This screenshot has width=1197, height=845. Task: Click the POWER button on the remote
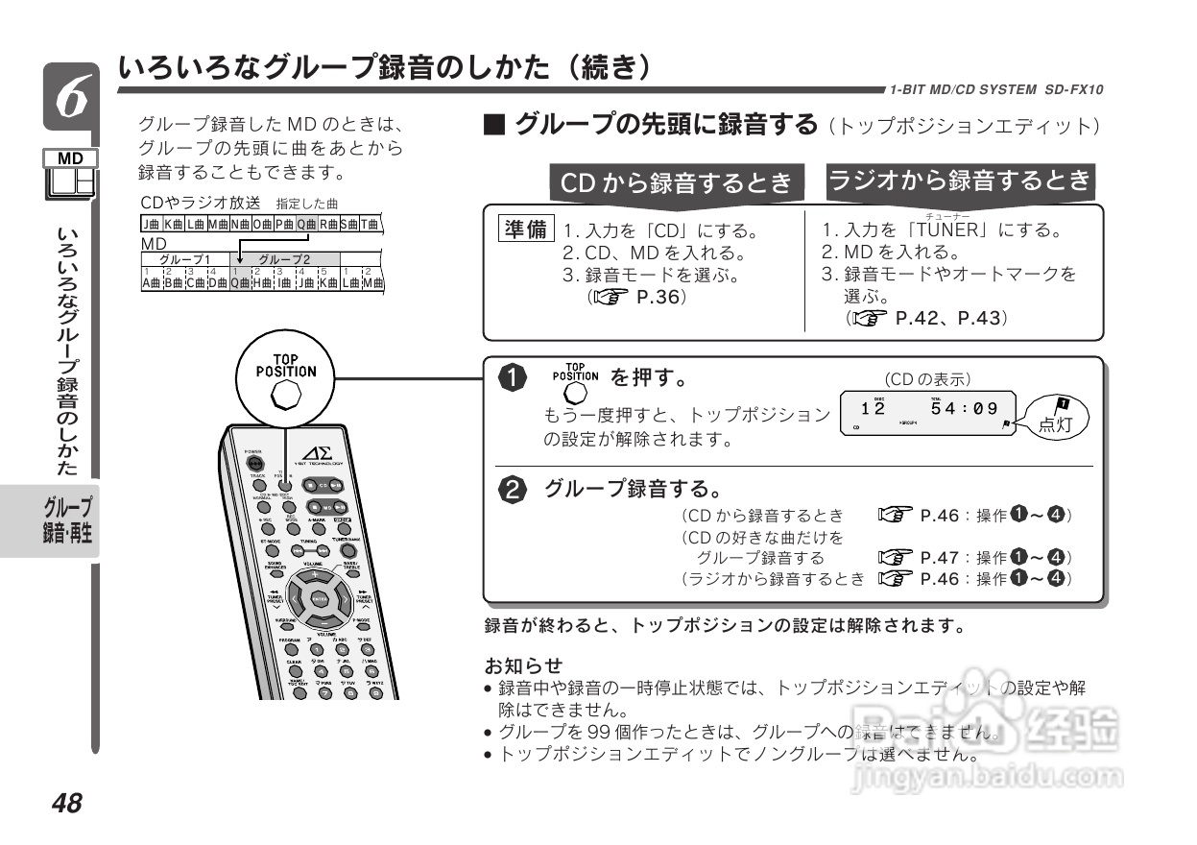tap(253, 461)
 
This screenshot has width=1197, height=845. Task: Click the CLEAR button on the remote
tap(295, 671)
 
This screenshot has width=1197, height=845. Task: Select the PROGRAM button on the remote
tap(290, 648)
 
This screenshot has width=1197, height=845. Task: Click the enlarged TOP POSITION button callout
tap(285, 395)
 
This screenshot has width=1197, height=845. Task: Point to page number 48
tap(67, 804)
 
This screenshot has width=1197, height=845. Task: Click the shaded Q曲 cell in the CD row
tap(306, 224)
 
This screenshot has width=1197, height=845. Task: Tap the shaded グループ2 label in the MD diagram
tap(285, 259)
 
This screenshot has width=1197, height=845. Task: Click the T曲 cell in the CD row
tap(370, 224)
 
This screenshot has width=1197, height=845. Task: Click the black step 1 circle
tap(515, 378)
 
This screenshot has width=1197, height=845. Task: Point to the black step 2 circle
tap(515, 490)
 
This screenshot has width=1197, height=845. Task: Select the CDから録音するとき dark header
tap(677, 182)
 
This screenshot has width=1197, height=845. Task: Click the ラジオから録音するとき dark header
tap(960, 180)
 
